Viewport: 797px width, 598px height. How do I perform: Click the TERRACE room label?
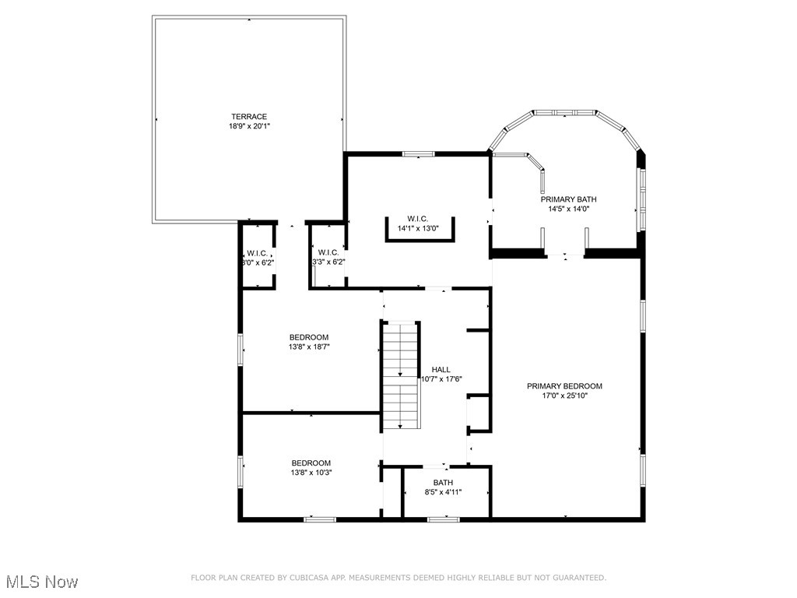point(248,117)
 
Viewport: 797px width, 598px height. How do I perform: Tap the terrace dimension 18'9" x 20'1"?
point(248,126)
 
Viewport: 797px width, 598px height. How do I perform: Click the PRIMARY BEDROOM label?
point(564,386)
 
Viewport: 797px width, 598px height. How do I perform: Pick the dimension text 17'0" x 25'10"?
point(564,396)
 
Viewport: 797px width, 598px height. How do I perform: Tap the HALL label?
point(441,370)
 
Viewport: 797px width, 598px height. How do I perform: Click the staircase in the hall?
point(401,375)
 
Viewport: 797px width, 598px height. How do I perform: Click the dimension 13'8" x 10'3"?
point(311,473)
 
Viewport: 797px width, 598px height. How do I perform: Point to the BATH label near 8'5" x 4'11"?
point(443,483)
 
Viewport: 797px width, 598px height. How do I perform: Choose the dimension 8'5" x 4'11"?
point(443,492)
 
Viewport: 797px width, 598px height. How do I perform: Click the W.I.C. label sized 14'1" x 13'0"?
point(418,219)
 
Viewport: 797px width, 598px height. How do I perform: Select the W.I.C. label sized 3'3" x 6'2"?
point(328,252)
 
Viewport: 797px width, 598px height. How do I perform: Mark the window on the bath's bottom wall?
point(444,519)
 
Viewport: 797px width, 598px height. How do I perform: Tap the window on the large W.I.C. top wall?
point(418,153)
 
